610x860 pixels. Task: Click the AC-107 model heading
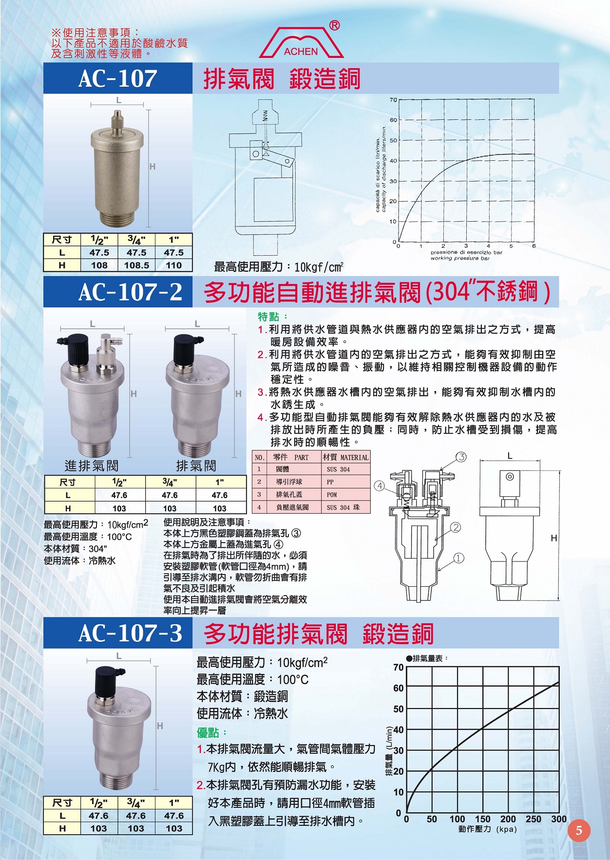tap(118, 78)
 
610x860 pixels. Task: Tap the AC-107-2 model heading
tap(130, 292)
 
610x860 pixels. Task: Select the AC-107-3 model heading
tap(130, 633)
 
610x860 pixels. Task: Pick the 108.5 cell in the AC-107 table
tap(136, 265)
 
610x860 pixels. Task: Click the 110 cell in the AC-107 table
tap(174, 265)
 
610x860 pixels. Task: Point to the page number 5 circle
tap(579, 830)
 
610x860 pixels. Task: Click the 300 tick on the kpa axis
tap(558, 819)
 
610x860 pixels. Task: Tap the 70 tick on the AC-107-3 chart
tap(399, 667)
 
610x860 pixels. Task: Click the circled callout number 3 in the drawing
tap(461, 457)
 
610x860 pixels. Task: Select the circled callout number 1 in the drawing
tap(458, 558)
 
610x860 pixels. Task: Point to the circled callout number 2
tap(456, 527)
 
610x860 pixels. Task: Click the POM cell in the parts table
tap(332, 495)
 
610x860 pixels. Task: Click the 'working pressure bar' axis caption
tap(459, 258)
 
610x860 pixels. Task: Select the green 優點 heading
tap(212, 732)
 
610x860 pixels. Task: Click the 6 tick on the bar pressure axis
tap(534, 246)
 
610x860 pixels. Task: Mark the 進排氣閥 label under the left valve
tap(92, 466)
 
